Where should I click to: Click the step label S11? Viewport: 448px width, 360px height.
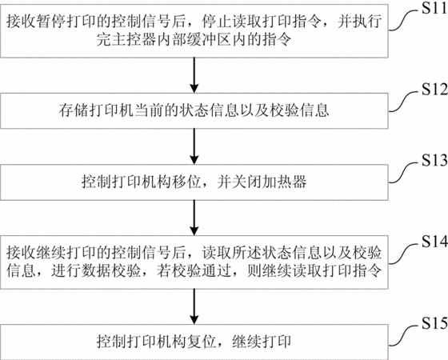pyautogui.click(x=434, y=8)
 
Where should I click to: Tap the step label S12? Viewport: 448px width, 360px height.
pyautogui.click(x=434, y=89)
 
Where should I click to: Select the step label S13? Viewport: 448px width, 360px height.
pyautogui.click(x=434, y=161)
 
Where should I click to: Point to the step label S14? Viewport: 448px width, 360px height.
pyautogui.click(x=434, y=242)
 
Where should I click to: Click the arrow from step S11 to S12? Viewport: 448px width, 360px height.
pyautogui.click(x=194, y=75)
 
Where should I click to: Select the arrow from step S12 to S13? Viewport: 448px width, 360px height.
pyautogui.click(x=194, y=146)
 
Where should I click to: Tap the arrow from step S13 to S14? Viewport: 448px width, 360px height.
pyautogui.click(x=194, y=218)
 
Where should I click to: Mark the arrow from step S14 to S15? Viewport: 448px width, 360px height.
pyautogui.click(x=194, y=306)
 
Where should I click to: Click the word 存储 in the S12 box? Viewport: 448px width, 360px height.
pyautogui.click(x=74, y=110)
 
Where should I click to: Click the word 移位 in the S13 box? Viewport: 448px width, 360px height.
pyautogui.click(x=186, y=182)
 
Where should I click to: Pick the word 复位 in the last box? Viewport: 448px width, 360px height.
pyautogui.click(x=202, y=342)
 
